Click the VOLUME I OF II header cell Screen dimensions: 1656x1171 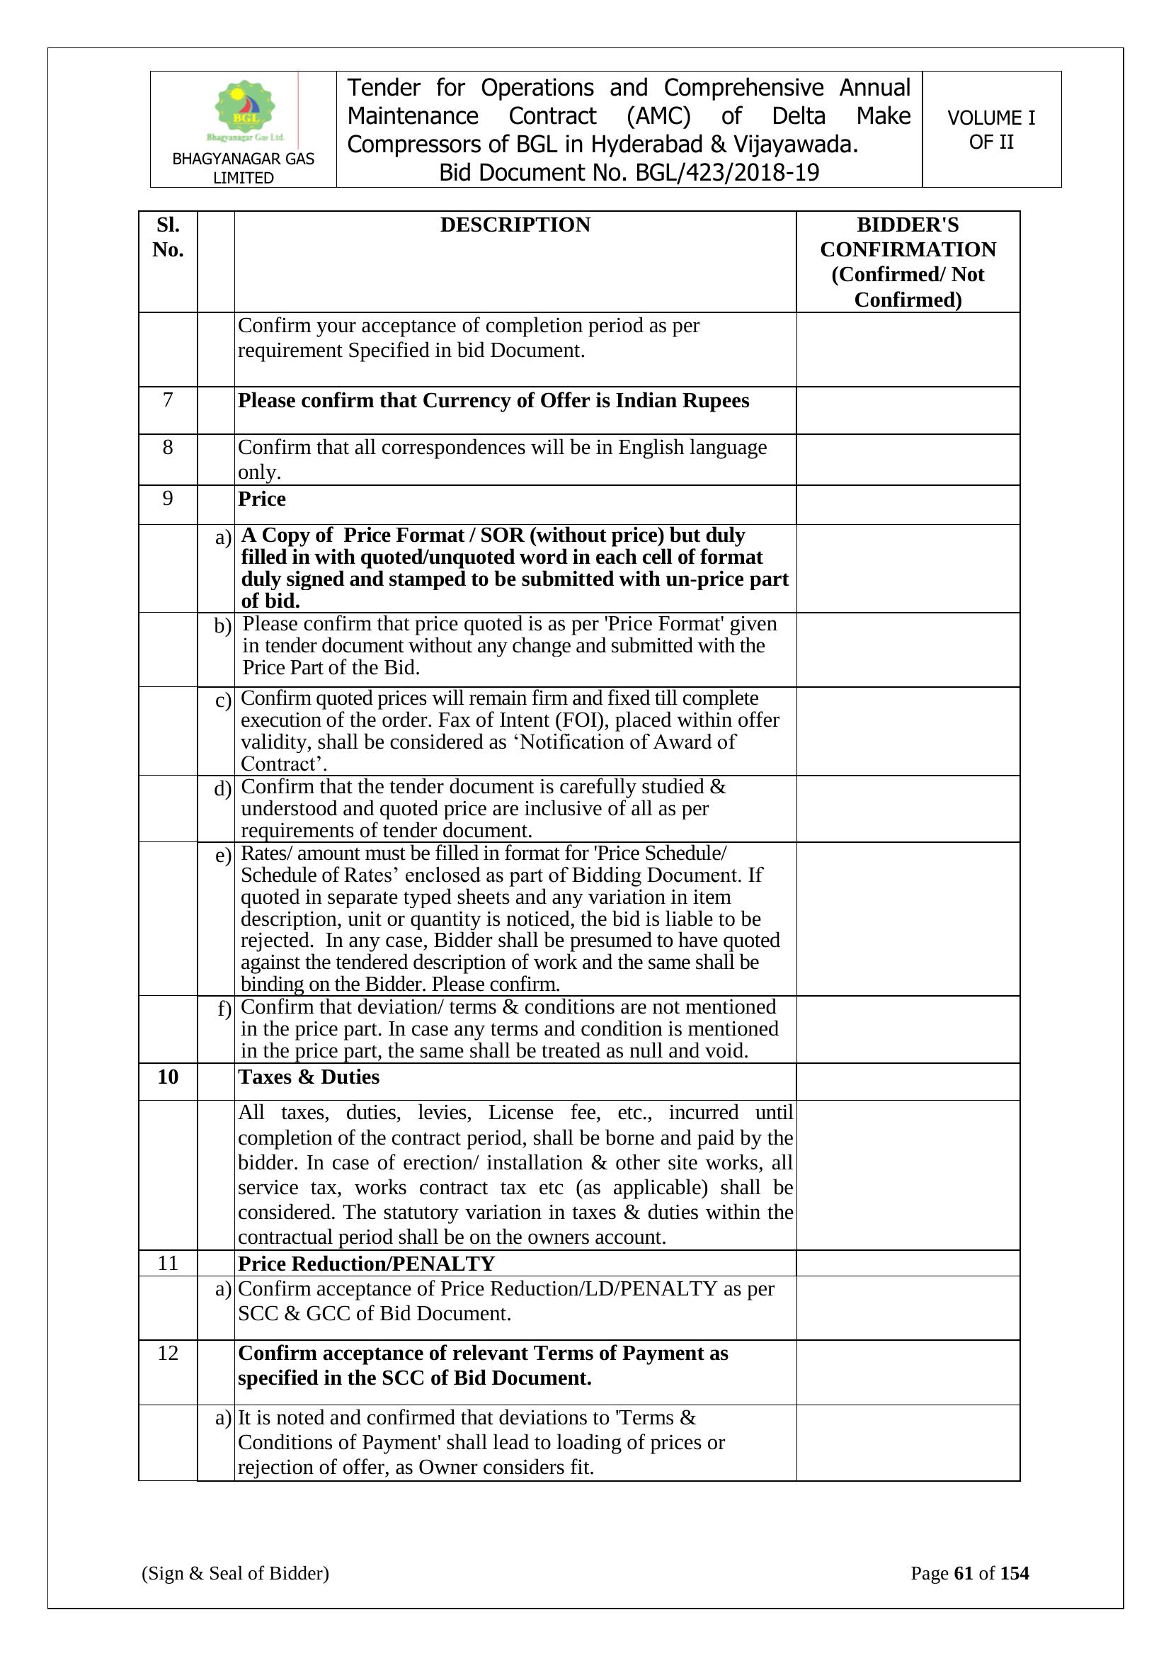click(x=990, y=130)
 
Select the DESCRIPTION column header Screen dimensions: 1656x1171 click(x=515, y=225)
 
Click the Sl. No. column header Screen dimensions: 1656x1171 click(x=168, y=237)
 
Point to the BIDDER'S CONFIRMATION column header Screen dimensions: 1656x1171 click(x=908, y=262)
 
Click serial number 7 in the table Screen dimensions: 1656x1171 click(x=168, y=399)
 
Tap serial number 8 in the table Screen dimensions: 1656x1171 click(x=168, y=447)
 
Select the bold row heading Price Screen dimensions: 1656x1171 click(x=262, y=499)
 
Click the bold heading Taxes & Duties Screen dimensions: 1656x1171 click(x=309, y=1077)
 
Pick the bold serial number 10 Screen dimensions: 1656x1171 click(x=168, y=1077)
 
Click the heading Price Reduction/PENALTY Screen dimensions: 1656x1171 click(x=366, y=1264)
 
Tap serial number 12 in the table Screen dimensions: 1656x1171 click(x=168, y=1353)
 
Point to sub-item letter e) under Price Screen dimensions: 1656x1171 click(x=224, y=856)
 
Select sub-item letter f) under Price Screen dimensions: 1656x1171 click(x=224, y=1009)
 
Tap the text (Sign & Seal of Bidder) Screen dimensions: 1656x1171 click(x=235, y=1573)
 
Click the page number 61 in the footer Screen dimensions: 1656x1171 click(x=964, y=1573)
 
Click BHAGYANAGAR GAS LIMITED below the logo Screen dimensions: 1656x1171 click(x=243, y=168)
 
